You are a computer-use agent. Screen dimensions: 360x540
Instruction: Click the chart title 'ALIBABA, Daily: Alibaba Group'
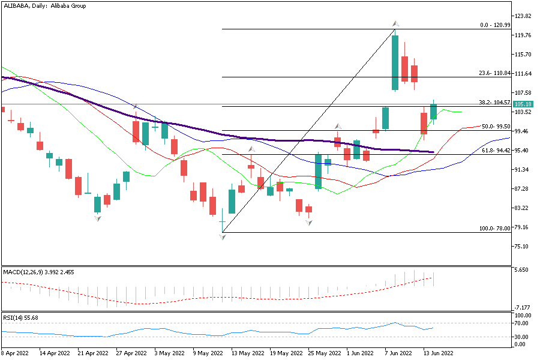pos(44,5)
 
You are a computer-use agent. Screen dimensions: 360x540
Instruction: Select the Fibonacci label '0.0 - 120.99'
pos(495,25)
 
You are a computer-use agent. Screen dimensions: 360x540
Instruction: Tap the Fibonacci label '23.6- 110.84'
pos(494,73)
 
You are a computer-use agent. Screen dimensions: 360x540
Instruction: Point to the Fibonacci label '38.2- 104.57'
pos(494,103)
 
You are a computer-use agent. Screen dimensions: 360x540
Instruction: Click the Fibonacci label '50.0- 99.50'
pos(496,127)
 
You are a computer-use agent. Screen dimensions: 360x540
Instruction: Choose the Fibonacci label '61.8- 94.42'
pos(496,151)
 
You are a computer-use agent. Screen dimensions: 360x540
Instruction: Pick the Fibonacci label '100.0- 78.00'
pos(494,229)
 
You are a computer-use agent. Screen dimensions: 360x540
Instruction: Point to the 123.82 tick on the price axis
pos(524,16)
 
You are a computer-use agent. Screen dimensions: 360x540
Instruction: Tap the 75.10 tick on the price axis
pos(524,247)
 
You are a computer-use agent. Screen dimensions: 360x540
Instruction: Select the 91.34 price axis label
pos(524,170)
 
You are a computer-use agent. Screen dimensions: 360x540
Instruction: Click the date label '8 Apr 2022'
pos(16,354)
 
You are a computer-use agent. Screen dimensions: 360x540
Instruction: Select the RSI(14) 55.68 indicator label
pos(20,317)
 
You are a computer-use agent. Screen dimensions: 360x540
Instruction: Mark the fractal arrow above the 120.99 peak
pos(396,24)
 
